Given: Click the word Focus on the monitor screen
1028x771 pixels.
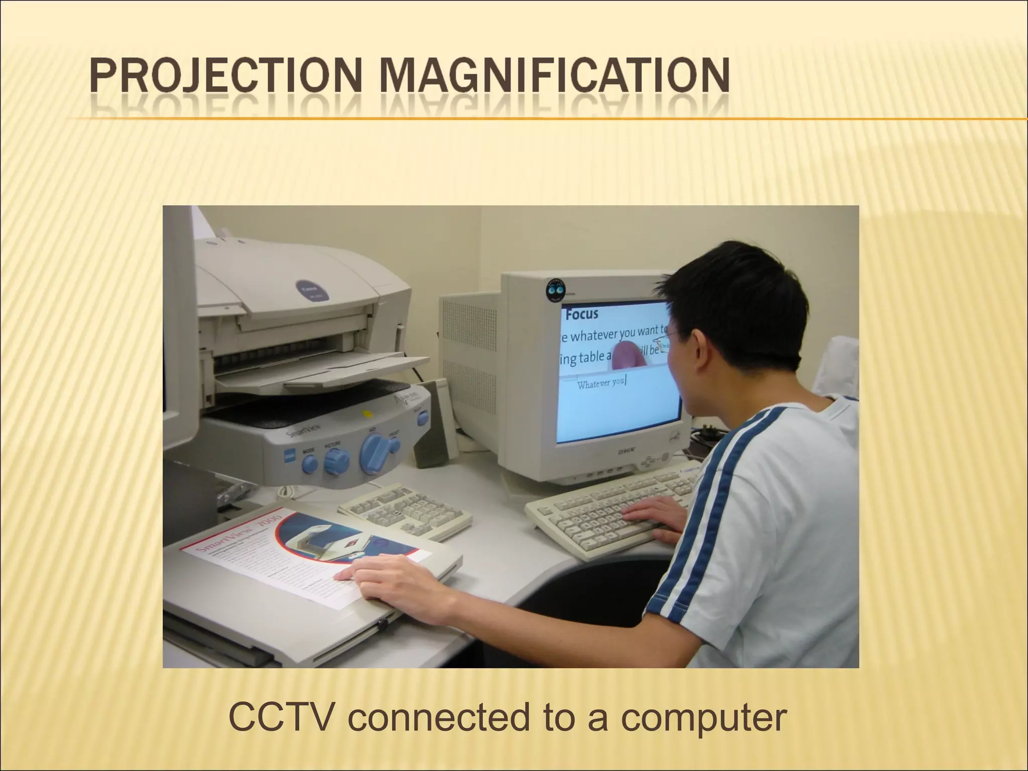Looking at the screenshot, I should coord(582,314).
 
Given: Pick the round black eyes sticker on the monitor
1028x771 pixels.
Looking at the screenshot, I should coord(555,290).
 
